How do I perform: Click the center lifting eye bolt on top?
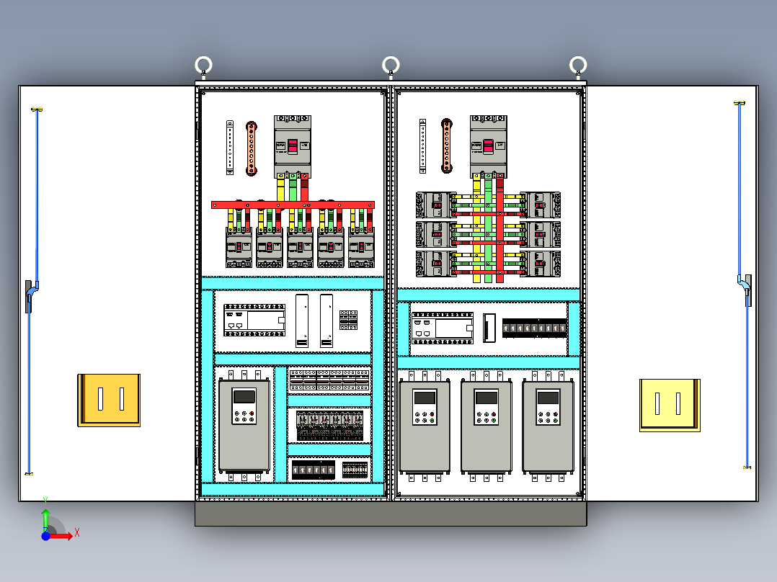click(x=391, y=66)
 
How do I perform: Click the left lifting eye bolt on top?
click(x=203, y=66)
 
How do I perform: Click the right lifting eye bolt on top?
click(x=578, y=66)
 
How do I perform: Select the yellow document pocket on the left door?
click(x=109, y=400)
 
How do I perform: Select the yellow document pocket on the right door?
click(x=669, y=405)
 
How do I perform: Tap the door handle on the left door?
click(x=30, y=295)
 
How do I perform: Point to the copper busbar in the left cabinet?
click(x=252, y=148)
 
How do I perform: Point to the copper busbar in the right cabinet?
click(x=447, y=146)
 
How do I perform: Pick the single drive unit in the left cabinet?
click(x=244, y=425)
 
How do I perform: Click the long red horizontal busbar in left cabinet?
click(x=293, y=205)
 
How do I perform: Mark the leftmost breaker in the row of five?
click(x=239, y=248)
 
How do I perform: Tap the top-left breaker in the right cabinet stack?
click(x=435, y=205)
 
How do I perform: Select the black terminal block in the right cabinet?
click(x=534, y=329)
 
